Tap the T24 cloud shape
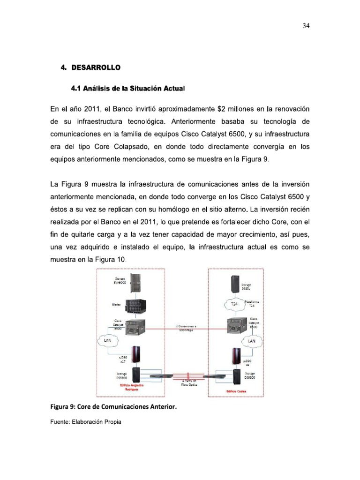(235, 304)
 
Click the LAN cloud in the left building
(107, 341)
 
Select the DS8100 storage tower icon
(135, 374)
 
